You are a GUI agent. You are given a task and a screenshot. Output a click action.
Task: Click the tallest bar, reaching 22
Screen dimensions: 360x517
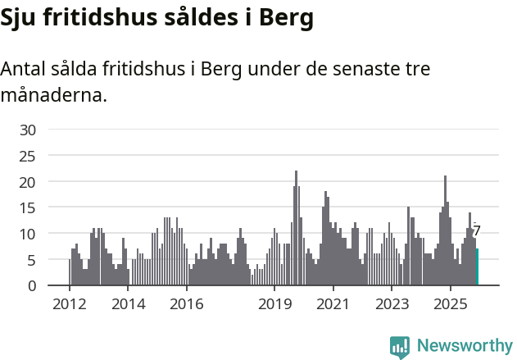pos(296,229)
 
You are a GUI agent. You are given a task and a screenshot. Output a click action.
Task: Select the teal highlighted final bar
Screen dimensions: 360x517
pos(477,267)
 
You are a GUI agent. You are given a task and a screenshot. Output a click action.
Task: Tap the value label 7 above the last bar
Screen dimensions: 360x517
pos(477,231)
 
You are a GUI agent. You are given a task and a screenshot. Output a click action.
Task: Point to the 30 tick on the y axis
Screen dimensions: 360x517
pos(28,130)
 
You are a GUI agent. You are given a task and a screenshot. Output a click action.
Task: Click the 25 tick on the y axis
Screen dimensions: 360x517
pos(28,156)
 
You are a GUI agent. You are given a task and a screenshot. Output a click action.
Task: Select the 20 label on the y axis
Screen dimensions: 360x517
pos(28,181)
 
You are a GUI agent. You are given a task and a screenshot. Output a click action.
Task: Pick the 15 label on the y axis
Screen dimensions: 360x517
pos(28,207)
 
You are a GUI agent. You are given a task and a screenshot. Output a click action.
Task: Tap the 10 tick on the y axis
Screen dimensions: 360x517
pos(28,234)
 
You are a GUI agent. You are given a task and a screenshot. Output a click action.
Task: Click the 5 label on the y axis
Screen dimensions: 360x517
pos(31,260)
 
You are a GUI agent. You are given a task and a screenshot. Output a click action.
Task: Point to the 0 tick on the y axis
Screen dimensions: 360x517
pos(31,286)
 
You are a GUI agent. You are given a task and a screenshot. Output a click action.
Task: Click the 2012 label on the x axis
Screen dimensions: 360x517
pos(70,305)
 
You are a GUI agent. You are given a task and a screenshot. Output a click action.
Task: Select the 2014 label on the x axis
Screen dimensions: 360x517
pos(128,305)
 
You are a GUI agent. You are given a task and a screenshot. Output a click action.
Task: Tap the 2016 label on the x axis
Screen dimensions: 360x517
pos(187,305)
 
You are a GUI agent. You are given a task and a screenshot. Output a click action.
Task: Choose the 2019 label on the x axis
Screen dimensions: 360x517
pos(274,305)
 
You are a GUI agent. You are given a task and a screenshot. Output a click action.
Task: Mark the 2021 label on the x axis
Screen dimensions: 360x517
pos(333,305)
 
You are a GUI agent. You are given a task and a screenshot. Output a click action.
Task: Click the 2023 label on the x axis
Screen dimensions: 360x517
pos(392,305)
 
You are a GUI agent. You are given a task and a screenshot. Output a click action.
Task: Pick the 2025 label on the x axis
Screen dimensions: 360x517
pos(450,305)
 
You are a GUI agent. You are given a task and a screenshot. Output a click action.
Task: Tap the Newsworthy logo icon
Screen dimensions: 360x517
pos(400,346)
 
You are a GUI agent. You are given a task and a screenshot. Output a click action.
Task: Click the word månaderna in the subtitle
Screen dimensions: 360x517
pos(53,95)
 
